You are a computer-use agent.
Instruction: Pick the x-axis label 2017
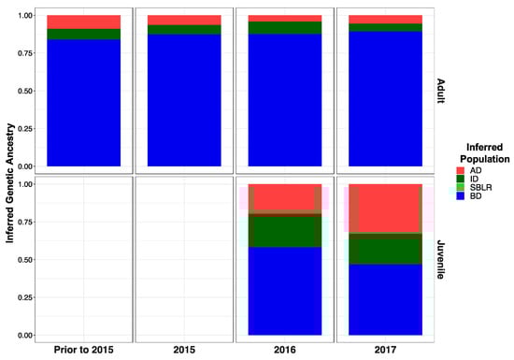point(384,350)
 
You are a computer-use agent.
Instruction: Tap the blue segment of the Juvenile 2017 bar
point(384,299)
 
